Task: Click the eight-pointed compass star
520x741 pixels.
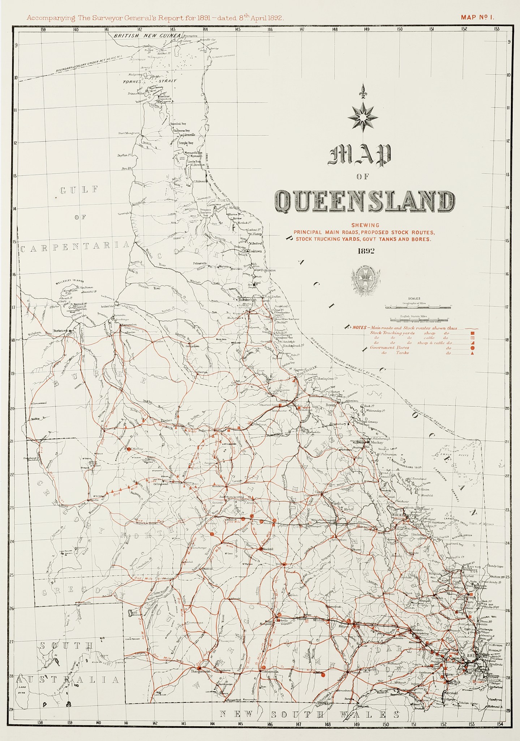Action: click(x=362, y=117)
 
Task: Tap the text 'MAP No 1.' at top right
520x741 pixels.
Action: click(x=477, y=17)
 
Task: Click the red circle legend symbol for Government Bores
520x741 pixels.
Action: click(x=472, y=348)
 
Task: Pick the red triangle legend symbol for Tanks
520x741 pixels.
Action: click(x=472, y=353)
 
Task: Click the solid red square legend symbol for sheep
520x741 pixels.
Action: click(x=472, y=333)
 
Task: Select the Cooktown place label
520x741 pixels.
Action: click(x=255, y=251)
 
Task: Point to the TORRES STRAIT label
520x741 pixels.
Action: click(x=149, y=81)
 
